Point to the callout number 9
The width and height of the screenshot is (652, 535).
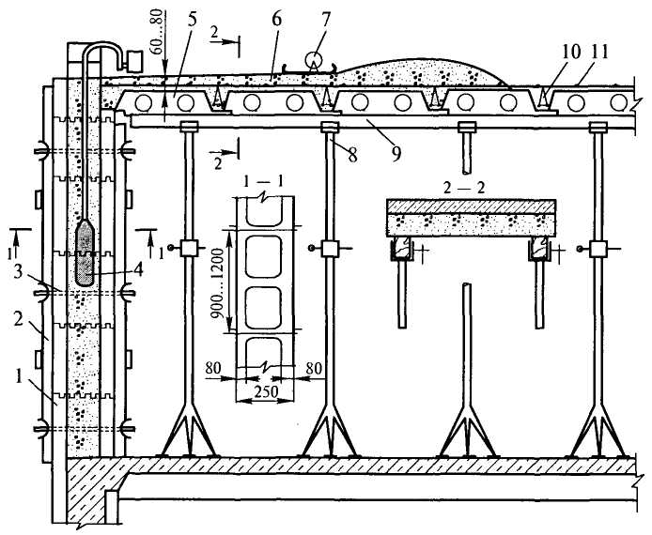pyautogui.click(x=396, y=153)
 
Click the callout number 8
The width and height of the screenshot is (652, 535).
pyautogui.click(x=352, y=155)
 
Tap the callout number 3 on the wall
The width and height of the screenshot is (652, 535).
pyautogui.click(x=18, y=273)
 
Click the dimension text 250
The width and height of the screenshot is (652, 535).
pyautogui.click(x=266, y=390)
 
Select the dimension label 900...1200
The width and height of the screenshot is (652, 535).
pyautogui.click(x=217, y=283)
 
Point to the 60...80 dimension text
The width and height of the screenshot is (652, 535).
pyautogui.click(x=160, y=32)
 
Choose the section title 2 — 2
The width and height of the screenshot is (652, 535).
pyautogui.click(x=464, y=188)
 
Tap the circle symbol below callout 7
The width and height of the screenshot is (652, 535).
pyautogui.click(x=313, y=59)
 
